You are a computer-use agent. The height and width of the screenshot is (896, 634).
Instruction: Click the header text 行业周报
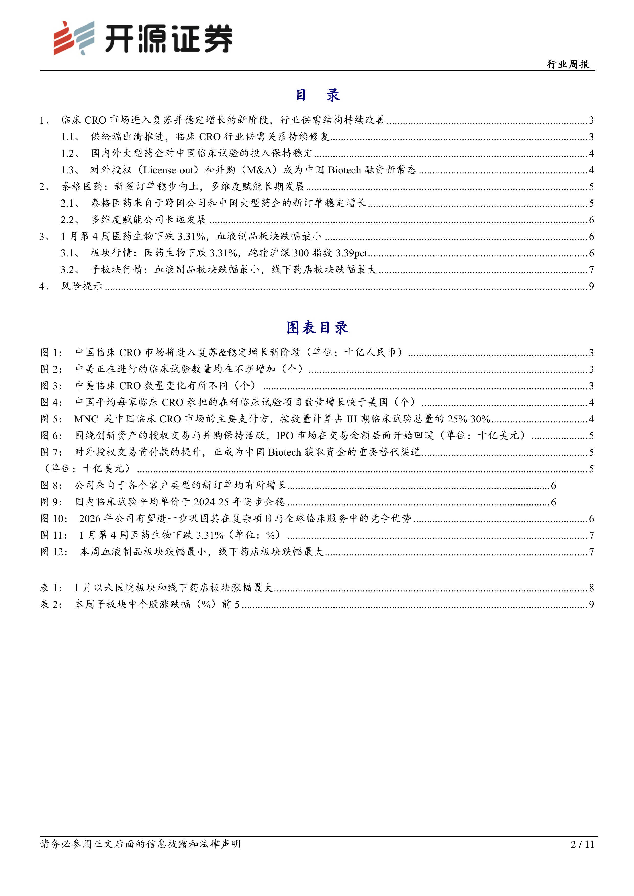click(x=568, y=64)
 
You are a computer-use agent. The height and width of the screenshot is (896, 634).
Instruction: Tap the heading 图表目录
click(x=317, y=328)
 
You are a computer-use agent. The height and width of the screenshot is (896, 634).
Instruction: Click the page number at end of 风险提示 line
click(x=591, y=286)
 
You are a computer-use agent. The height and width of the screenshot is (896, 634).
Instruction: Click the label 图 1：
click(x=52, y=353)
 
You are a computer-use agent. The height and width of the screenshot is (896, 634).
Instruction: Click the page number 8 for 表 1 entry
click(x=591, y=588)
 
